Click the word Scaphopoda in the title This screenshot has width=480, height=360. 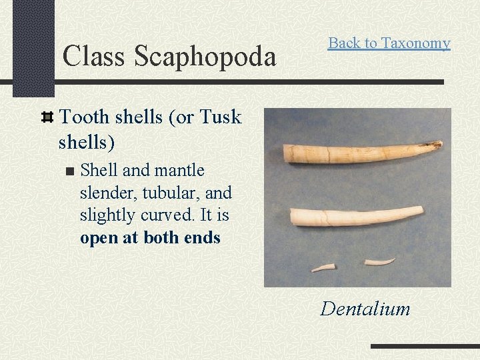click(205, 57)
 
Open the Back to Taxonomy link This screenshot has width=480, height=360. click(389, 43)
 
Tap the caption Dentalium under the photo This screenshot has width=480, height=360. click(365, 309)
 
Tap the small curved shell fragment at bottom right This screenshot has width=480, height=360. click(381, 262)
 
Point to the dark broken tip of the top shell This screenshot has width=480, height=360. click(437, 143)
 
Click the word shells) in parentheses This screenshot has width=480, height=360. click(86, 142)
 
